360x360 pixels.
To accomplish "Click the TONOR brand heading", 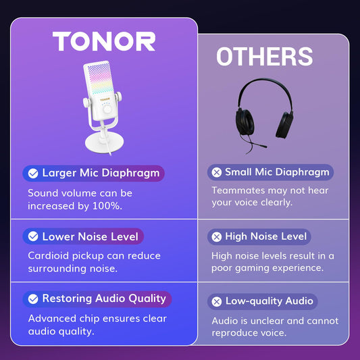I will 104,42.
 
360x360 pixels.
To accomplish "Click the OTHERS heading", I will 264,57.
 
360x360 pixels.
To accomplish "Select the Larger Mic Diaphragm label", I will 101,173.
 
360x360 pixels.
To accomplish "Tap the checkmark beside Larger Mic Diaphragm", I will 32,174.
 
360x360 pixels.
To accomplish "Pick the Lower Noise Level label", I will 90,236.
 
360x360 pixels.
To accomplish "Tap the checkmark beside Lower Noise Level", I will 32,237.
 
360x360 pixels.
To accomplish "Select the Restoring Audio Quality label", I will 104,299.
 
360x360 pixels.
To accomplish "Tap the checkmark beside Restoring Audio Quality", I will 32,299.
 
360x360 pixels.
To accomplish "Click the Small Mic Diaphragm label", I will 277,172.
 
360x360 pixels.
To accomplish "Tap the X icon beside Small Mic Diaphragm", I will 216,172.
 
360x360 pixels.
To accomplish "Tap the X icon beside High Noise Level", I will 216,237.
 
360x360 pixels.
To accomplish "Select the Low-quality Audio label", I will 269,301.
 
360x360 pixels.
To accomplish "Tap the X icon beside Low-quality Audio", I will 216,302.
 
